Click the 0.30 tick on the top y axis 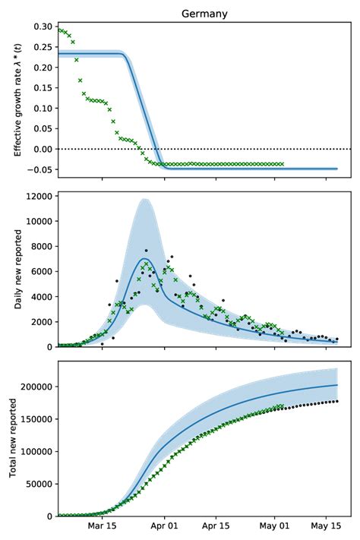click(43, 27)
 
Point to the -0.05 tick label click(41, 169)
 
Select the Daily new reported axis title click(17, 271)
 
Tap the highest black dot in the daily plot click(146, 251)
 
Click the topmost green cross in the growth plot click(61, 30)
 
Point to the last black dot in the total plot click(336, 402)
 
